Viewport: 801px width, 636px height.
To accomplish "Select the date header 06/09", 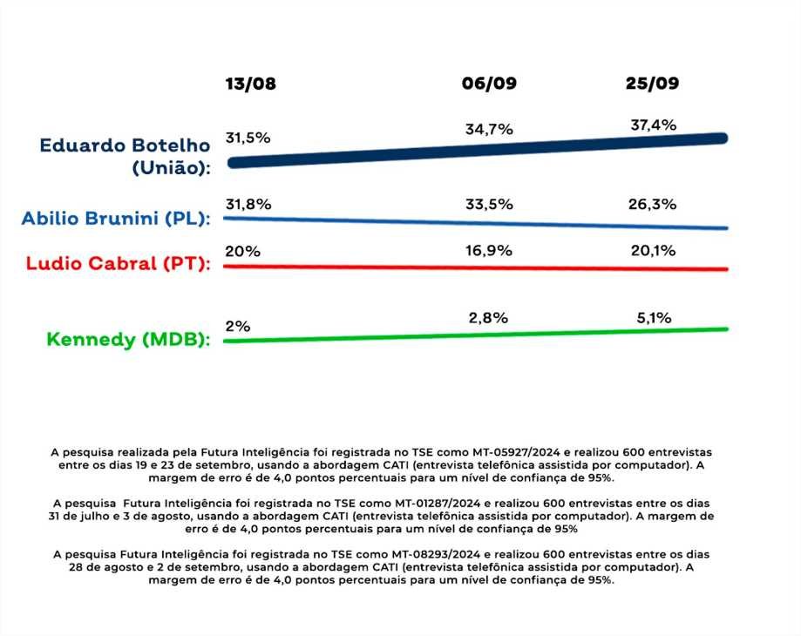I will point(489,85).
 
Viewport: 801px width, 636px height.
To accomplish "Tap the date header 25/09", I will point(652,85).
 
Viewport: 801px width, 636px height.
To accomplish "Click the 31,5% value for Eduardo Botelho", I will point(248,139).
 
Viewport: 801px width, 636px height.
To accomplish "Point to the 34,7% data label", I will point(489,129).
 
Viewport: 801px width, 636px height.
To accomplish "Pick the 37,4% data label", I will point(653,125).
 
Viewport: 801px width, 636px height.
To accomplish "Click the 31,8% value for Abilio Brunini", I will point(248,205).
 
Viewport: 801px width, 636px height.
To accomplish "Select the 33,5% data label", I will point(489,205).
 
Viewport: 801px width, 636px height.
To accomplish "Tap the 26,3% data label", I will point(653,205).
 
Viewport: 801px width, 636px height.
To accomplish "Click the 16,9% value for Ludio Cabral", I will point(489,250).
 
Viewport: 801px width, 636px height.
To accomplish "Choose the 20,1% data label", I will point(653,250).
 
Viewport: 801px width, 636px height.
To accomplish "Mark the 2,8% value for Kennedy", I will point(488,318).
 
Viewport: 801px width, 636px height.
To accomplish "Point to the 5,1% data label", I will point(653,318).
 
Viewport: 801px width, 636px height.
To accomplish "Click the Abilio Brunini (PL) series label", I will point(117,219).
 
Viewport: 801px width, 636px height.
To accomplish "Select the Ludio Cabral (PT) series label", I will point(119,263).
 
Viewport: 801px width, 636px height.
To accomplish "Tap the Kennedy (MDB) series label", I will point(129,340).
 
